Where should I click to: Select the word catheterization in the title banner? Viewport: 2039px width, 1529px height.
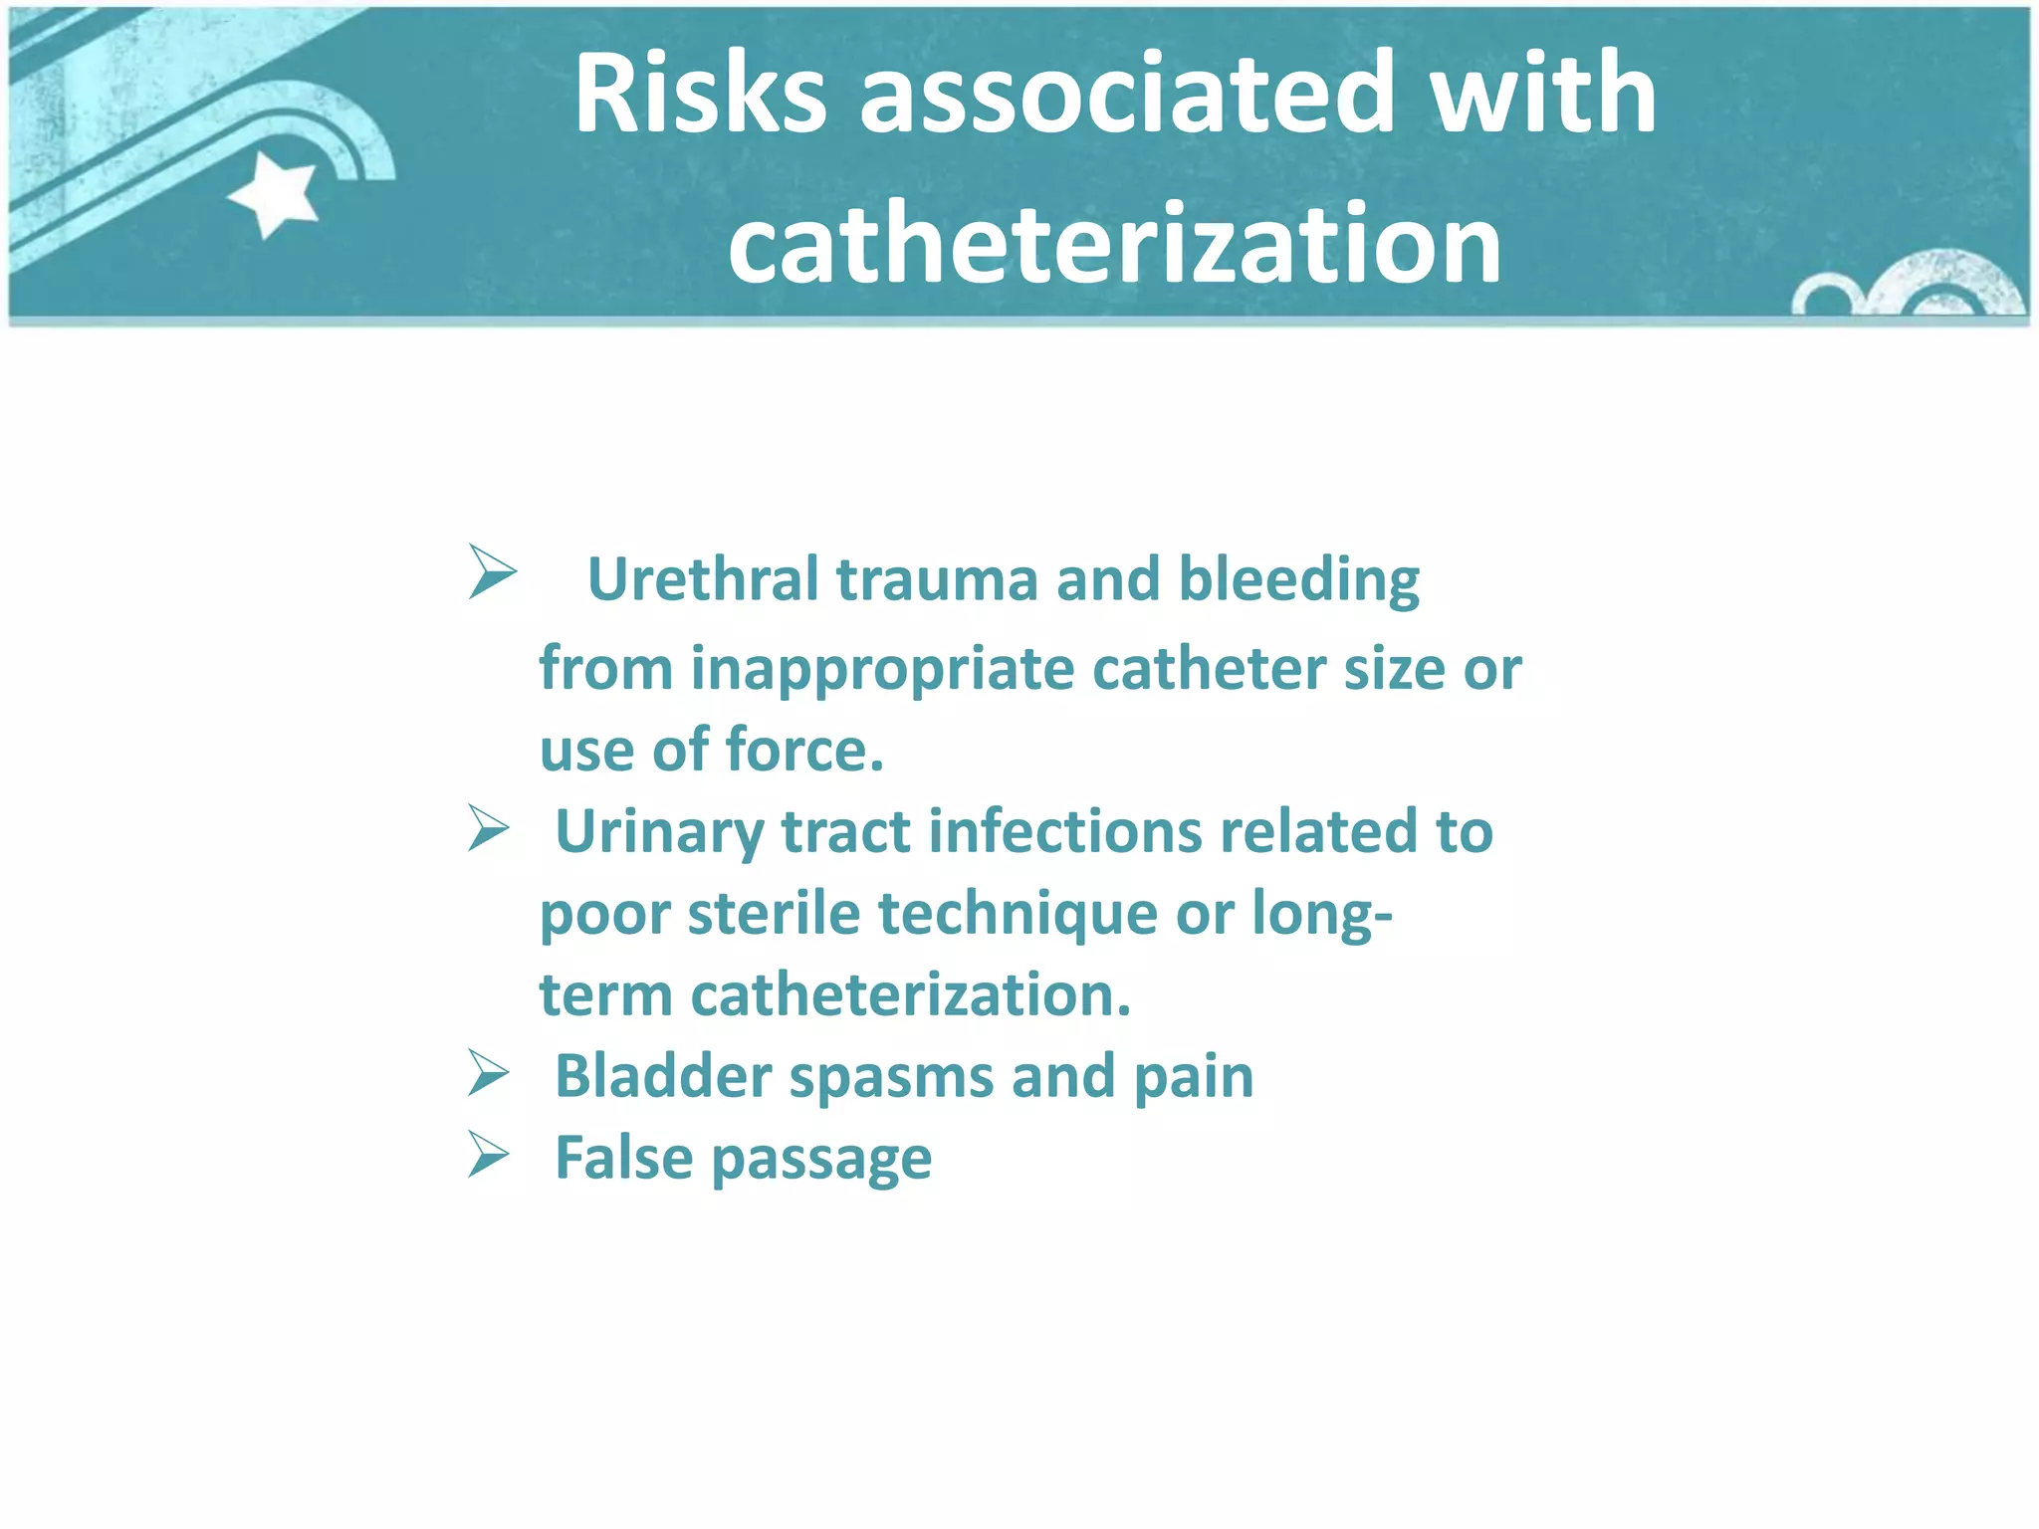point(1114,245)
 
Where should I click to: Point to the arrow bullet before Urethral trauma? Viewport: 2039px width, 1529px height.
point(492,572)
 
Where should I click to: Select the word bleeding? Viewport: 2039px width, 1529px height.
point(1299,581)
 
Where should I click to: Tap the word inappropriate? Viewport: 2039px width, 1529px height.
point(882,669)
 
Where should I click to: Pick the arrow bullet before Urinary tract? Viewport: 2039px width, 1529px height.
point(489,829)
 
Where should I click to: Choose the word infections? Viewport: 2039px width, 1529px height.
point(1065,831)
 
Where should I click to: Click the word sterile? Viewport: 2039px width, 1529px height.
point(774,914)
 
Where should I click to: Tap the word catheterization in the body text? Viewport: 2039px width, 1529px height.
point(911,995)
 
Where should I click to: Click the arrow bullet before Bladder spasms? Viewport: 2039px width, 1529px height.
point(489,1074)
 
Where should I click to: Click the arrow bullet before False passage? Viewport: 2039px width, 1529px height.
point(489,1156)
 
